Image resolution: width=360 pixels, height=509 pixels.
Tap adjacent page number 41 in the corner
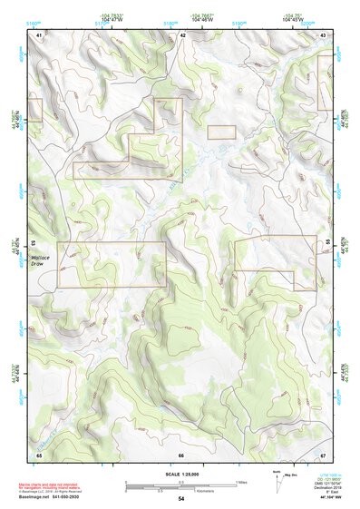pyautogui.click(x=39, y=35)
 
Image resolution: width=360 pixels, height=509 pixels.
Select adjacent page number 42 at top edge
pyautogui.click(x=182, y=35)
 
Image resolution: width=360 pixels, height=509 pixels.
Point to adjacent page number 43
pyautogui.click(x=324, y=35)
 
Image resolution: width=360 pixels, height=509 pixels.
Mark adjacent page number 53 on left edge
pyautogui.click(x=34, y=244)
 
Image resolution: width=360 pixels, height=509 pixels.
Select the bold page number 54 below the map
pyautogui.click(x=181, y=499)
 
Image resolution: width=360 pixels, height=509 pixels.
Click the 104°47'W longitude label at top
pyautogui.click(x=112, y=17)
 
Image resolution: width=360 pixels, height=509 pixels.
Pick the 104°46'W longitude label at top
pyautogui.click(x=202, y=17)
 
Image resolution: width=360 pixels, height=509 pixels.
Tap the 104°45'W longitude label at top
pyautogui.click(x=292, y=17)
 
